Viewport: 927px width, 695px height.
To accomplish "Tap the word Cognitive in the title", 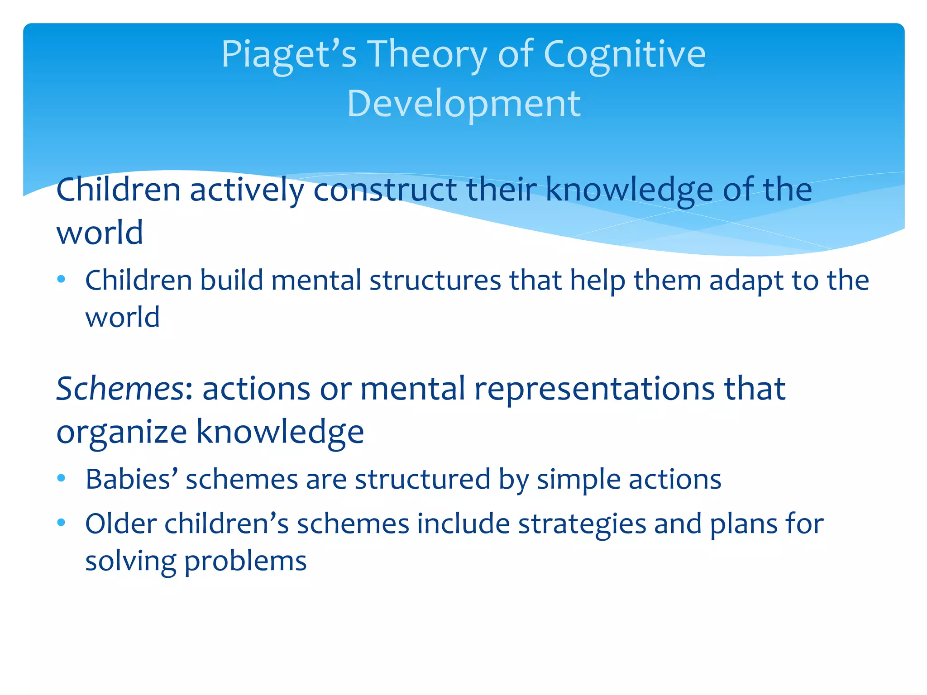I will tap(624, 55).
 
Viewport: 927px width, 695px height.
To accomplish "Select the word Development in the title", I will tap(463, 104).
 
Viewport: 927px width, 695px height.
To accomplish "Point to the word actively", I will tap(247, 190).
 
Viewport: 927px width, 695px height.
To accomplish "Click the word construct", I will tap(385, 190).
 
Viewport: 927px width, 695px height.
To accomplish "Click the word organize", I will tap(121, 433).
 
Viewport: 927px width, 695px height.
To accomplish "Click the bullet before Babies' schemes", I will tap(62, 478).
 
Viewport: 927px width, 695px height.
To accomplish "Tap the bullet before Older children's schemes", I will tap(62, 523).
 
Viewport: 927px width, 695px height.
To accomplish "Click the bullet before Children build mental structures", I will tap(62, 279).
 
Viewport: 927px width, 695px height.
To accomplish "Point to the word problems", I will tap(245, 562).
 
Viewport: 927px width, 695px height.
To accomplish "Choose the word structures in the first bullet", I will tap(435, 281).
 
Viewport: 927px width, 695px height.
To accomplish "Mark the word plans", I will tap(743, 525).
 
